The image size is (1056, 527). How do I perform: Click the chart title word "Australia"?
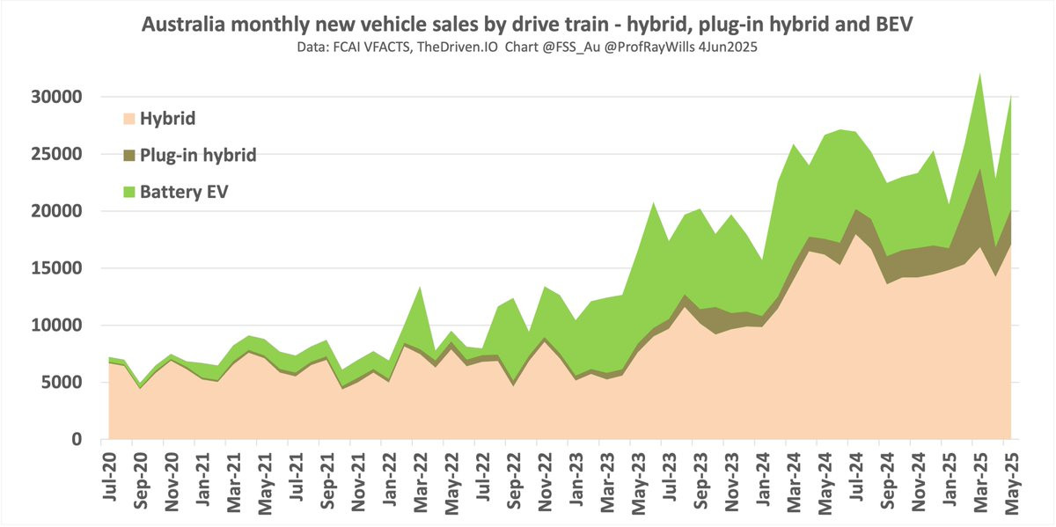[183, 25]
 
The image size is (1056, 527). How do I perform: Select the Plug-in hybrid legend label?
[198, 155]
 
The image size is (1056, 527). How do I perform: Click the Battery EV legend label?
[184, 191]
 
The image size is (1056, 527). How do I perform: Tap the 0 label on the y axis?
[77, 440]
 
